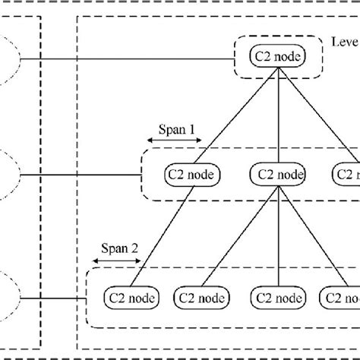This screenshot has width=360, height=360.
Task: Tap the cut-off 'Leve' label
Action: click(346, 42)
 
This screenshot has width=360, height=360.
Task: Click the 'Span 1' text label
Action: click(175, 130)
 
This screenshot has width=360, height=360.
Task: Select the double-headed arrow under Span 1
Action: click(175, 141)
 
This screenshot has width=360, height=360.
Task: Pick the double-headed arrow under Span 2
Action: click(118, 260)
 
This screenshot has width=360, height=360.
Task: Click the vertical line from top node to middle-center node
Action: click(279, 114)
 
